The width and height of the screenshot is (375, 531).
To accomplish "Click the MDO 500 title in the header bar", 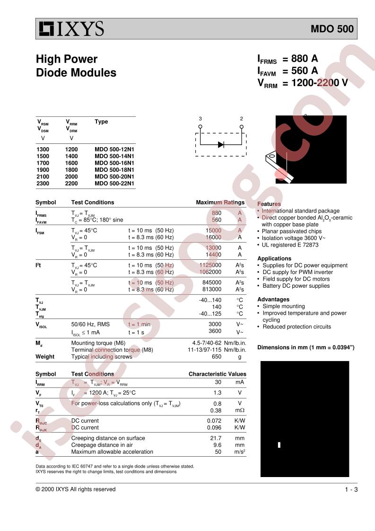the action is point(331,29).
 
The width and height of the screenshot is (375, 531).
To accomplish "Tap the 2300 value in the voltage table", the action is point(43,183).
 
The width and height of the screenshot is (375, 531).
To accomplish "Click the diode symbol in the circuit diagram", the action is point(221,144).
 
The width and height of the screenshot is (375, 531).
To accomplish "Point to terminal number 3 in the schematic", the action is point(200,119).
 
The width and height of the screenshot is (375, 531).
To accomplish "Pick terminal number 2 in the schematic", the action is point(242,119).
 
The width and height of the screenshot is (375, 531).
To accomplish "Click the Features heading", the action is point(269,204).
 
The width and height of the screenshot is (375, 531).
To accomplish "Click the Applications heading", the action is point(274,258).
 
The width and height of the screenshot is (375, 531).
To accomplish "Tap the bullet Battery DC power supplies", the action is point(296,286).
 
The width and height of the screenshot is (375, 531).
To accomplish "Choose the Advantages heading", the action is point(273,300).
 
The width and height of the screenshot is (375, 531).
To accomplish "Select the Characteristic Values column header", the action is point(217,374).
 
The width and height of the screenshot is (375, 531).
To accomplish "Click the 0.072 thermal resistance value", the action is point(214,420).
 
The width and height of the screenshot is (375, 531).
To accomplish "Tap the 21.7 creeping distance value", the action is point(216,438).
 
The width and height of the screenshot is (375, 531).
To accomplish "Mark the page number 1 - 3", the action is point(351,489).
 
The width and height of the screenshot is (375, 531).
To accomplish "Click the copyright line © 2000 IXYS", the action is point(76,489).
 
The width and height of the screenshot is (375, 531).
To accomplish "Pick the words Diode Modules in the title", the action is point(76,73).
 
